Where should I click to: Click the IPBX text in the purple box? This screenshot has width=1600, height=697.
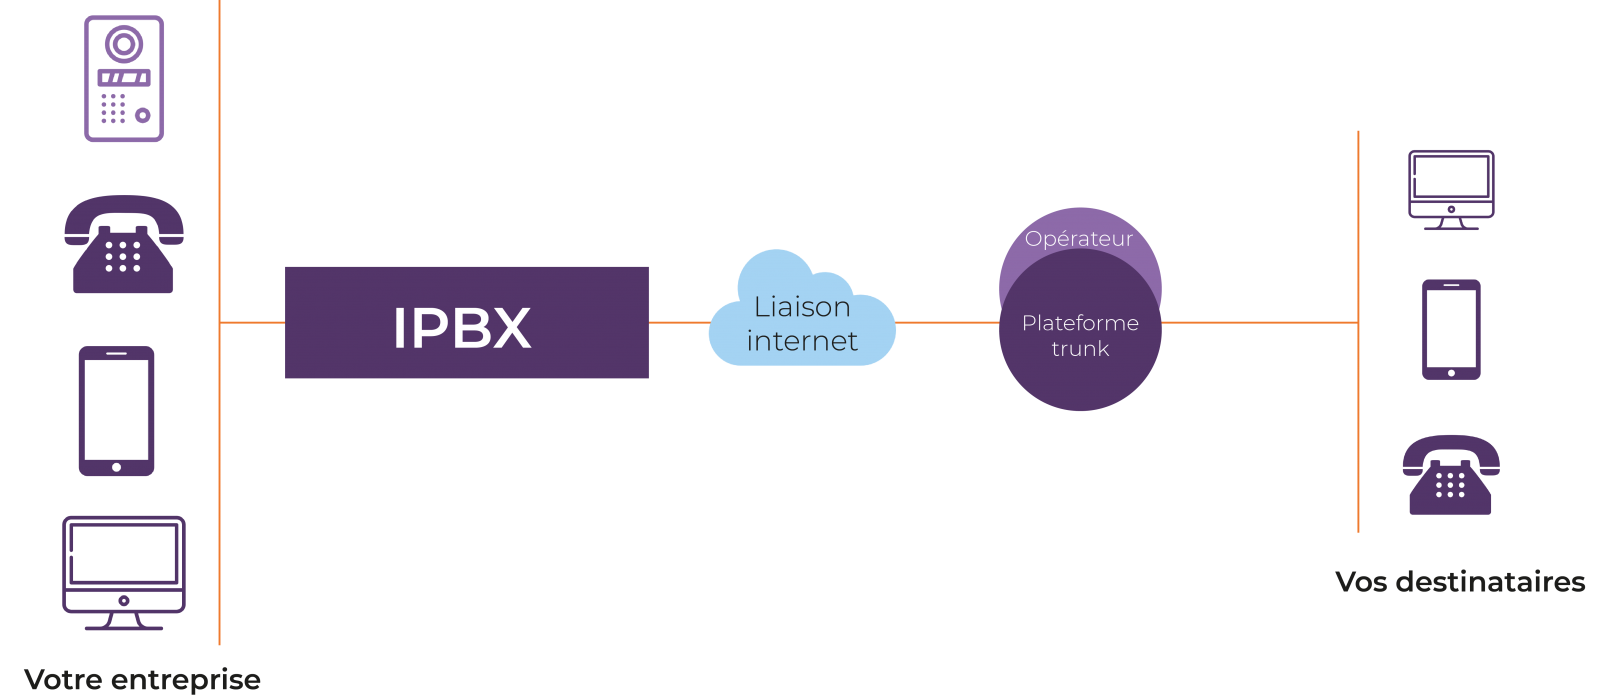[462, 327]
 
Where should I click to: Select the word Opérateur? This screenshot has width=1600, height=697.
[1079, 239]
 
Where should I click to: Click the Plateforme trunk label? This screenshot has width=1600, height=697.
[1080, 335]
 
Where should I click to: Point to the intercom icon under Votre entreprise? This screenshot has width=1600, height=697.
[124, 79]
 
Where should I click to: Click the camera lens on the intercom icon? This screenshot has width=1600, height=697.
[124, 44]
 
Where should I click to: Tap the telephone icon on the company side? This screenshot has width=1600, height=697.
[124, 245]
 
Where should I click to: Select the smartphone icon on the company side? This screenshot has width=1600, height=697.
[117, 411]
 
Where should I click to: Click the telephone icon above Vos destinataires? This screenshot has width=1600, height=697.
[1450, 475]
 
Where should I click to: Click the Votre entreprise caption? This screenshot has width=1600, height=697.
[142, 680]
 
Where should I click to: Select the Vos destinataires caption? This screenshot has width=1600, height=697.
[1460, 582]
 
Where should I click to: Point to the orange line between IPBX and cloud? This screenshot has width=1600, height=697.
[680, 323]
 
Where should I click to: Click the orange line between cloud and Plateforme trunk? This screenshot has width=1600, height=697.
[947, 323]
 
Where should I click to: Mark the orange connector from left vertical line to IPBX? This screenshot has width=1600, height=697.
[252, 323]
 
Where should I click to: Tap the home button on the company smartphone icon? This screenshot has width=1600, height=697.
[117, 467]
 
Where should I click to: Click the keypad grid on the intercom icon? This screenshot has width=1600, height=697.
[113, 108]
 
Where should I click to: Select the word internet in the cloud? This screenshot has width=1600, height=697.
[802, 341]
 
